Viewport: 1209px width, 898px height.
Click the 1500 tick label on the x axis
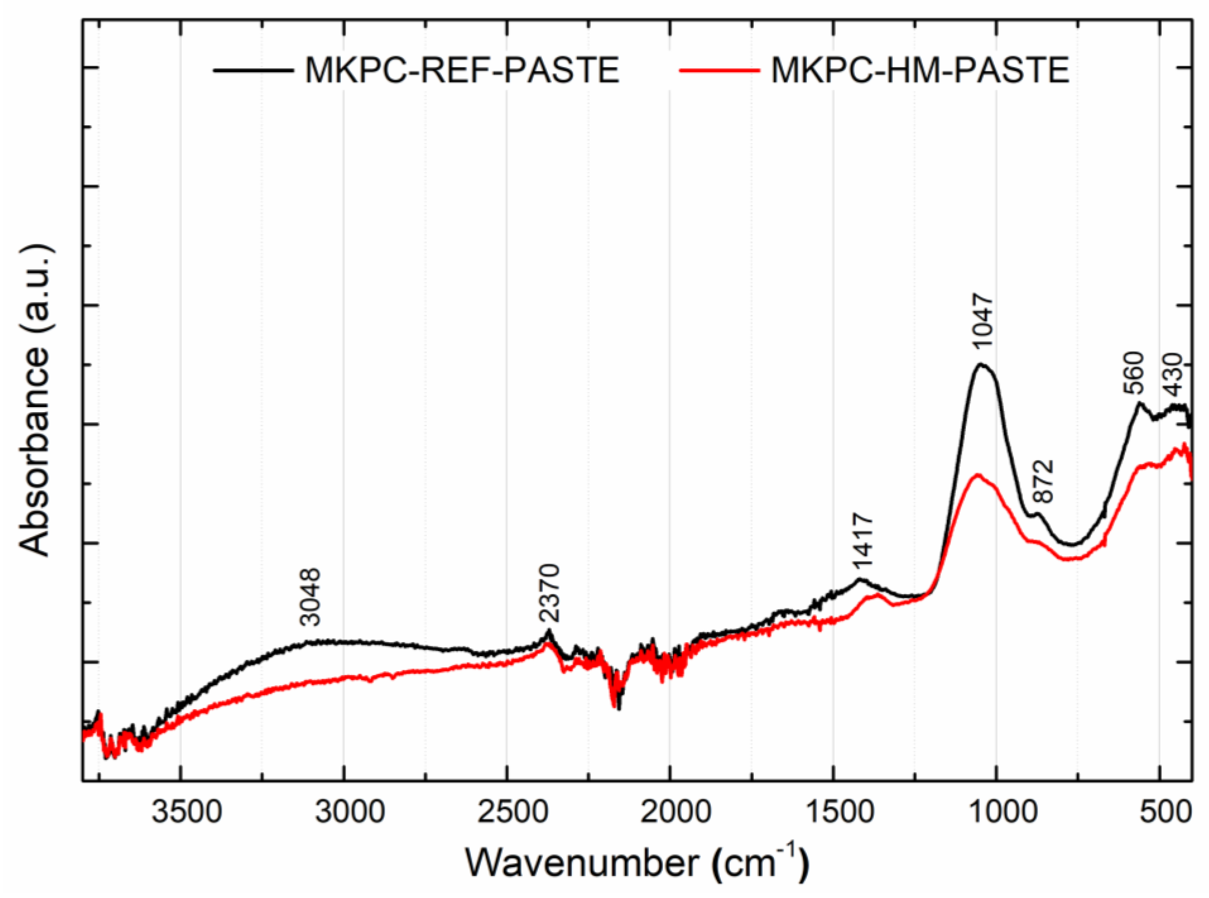tap(833, 814)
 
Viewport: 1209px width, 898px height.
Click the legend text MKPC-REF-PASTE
tap(462, 71)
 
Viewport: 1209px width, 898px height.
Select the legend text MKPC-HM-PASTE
tap(921, 71)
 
